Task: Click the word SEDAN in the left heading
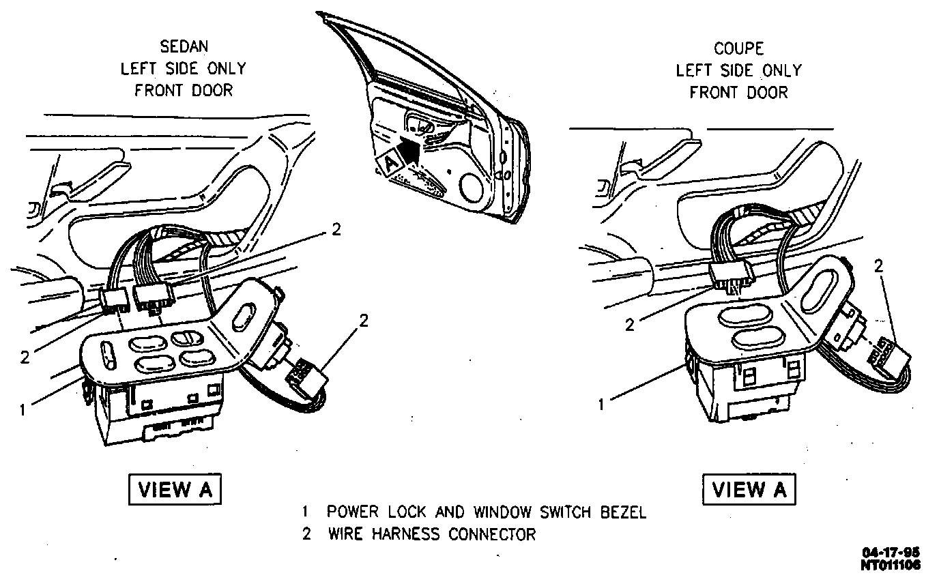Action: pos(184,47)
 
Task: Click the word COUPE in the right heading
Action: pos(738,48)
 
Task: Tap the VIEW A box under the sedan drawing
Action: pos(175,489)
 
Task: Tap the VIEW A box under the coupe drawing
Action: pos(749,489)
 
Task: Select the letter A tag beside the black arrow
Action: pos(390,163)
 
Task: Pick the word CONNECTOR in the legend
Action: pos(492,534)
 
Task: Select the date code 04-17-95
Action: pos(891,553)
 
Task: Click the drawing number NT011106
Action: pos(891,565)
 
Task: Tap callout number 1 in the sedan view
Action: pos(23,410)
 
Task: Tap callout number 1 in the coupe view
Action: pos(601,405)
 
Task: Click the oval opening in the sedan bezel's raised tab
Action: pos(244,320)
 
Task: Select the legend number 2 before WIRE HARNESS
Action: pos(307,534)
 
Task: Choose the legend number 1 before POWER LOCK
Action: pos(307,512)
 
